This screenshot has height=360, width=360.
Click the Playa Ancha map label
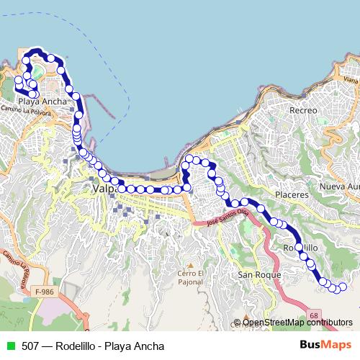point(43,102)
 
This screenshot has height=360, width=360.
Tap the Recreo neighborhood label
point(302,110)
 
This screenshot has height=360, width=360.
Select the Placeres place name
point(292,194)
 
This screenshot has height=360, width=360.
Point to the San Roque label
point(253,275)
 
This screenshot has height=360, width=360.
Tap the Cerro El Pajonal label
point(192,277)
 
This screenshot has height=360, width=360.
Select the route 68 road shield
point(315,315)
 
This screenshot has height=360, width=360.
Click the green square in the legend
point(9,346)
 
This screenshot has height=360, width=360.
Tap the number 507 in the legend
point(30,346)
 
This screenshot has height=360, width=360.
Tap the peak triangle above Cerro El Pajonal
point(191,264)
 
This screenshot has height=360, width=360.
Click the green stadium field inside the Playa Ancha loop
point(36,73)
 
